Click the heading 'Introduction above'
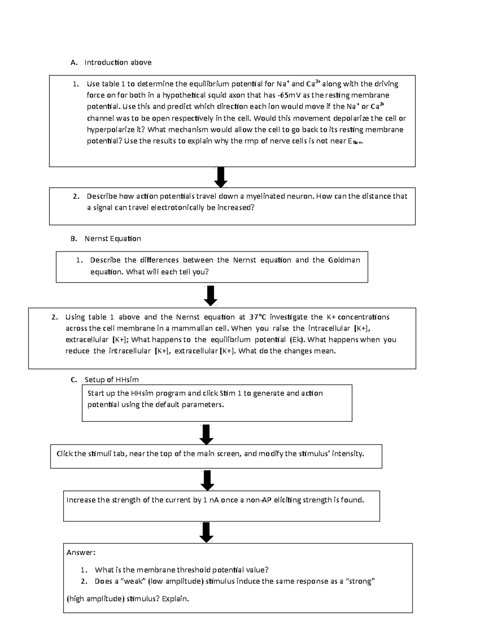click(118, 62)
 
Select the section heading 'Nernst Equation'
click(112, 239)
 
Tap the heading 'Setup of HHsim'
click(112, 380)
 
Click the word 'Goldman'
click(344, 260)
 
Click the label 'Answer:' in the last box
click(81, 553)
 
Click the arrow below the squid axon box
click(220, 177)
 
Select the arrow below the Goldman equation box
click(210, 296)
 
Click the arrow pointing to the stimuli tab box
click(206, 434)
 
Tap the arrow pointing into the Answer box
click(206, 532)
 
